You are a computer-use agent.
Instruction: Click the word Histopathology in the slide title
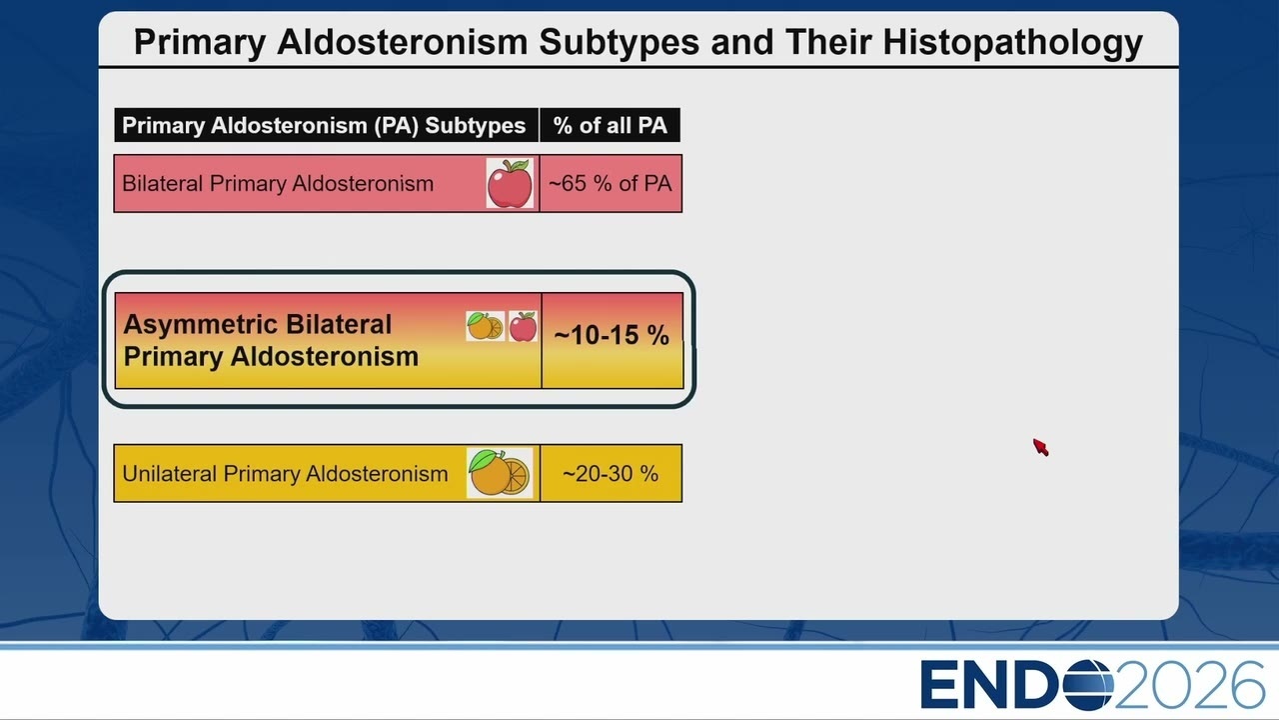tap(1013, 43)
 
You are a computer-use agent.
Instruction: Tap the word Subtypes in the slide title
tap(619, 43)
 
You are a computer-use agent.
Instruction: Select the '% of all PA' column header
tap(610, 125)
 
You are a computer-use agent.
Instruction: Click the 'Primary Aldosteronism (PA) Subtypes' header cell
tap(326, 125)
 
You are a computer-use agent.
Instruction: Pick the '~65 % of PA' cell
tap(611, 183)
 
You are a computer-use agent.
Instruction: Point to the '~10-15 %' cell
tap(613, 341)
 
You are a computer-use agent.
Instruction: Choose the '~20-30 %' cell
tap(611, 473)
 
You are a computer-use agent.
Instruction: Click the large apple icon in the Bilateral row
tap(510, 183)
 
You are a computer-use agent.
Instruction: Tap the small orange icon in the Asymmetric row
tap(486, 326)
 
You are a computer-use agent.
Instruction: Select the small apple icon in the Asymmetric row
tap(523, 326)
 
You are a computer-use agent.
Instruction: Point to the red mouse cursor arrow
tap(1041, 447)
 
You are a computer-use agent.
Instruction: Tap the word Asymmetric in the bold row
tap(200, 325)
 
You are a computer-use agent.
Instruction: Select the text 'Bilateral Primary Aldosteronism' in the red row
tap(278, 184)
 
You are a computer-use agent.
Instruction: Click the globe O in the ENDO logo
tap(1088, 685)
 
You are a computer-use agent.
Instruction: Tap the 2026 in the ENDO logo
tap(1190, 685)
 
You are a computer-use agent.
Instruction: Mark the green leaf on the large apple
tap(520, 165)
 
